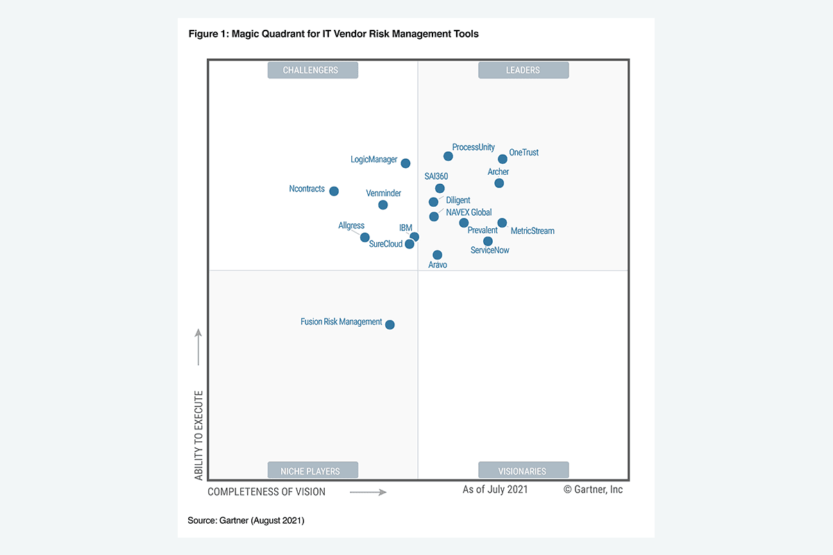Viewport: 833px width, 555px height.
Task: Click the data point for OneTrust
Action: point(503,159)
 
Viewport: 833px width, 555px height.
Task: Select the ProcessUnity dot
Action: point(448,156)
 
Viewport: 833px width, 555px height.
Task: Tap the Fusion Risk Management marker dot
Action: point(390,325)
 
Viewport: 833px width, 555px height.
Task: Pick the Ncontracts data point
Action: point(334,191)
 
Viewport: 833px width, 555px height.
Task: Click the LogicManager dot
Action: point(406,164)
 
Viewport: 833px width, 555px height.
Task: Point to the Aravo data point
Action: point(437,255)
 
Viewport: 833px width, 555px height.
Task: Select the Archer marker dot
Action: point(499,183)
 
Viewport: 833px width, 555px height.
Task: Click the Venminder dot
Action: point(383,205)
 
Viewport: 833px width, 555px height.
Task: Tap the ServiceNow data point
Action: point(488,241)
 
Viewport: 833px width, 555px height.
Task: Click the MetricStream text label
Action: point(532,231)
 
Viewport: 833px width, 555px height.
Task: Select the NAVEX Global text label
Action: point(469,212)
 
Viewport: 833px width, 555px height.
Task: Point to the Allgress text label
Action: point(351,225)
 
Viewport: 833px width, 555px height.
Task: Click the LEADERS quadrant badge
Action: point(523,70)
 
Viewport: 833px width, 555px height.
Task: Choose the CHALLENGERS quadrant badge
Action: point(313,70)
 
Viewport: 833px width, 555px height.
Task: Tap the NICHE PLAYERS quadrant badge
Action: point(313,470)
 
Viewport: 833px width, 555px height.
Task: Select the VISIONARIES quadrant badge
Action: point(523,470)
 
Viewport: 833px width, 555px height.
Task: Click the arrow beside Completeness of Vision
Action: point(368,492)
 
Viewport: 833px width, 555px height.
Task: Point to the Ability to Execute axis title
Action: point(199,435)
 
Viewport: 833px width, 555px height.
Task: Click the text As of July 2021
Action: point(495,490)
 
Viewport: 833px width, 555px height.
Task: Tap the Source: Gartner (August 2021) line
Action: point(246,520)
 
